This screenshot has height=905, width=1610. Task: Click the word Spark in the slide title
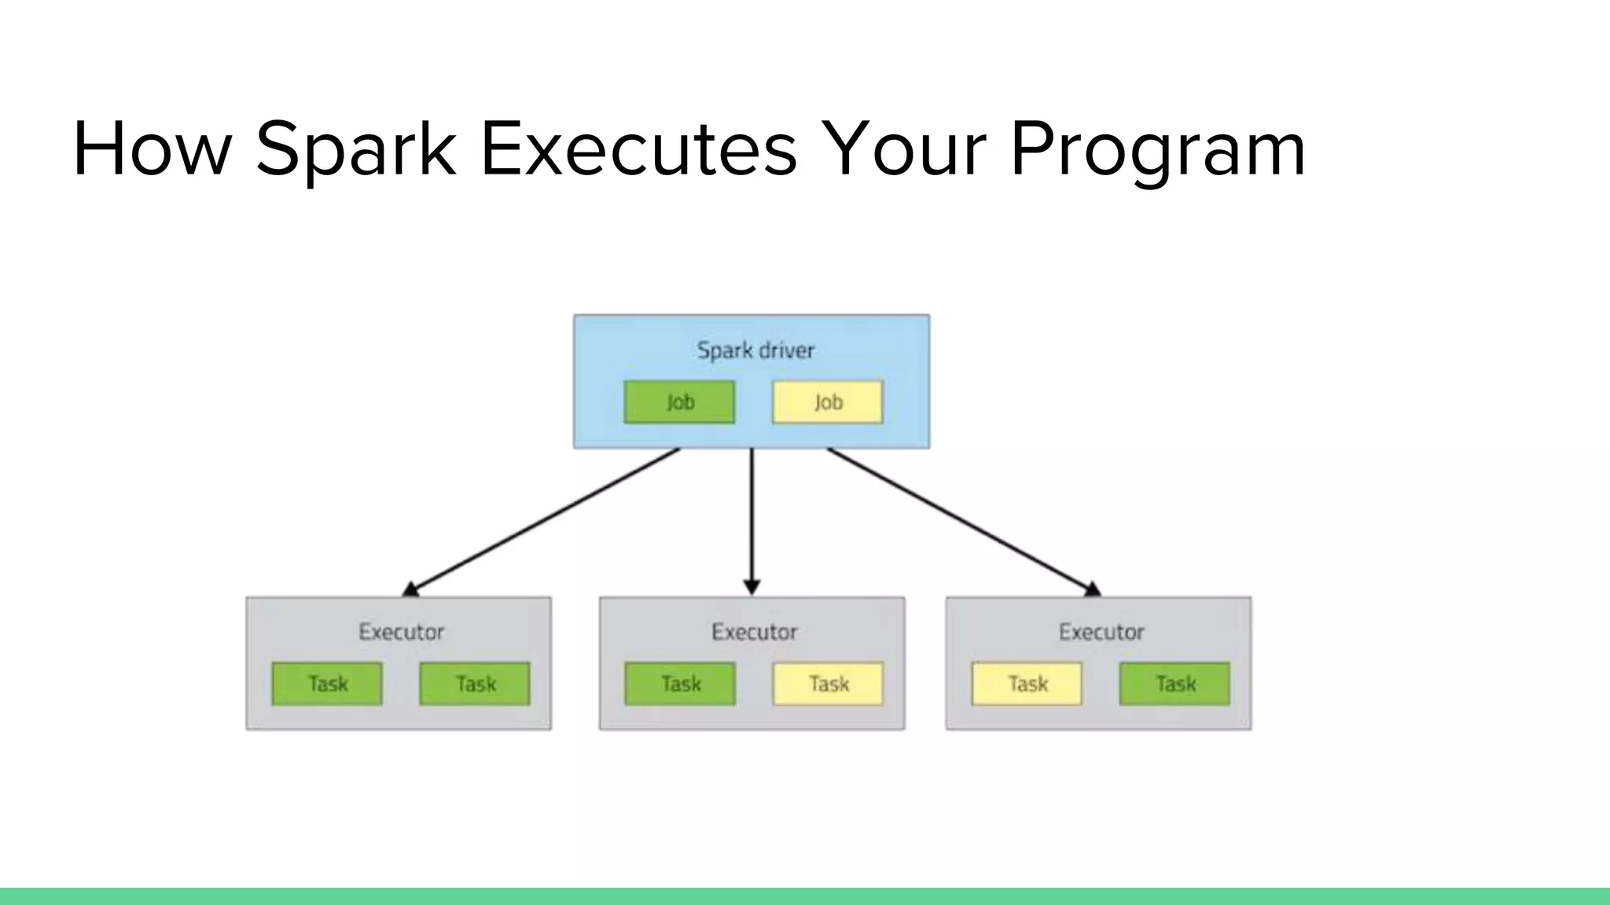[355, 149]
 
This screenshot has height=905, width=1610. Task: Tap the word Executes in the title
[638, 149]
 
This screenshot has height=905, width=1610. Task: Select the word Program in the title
[1157, 149]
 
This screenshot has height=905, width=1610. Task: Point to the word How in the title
[152, 149]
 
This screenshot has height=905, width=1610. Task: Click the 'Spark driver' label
[755, 350]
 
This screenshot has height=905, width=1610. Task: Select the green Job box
[679, 402]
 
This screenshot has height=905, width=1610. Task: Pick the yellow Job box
[828, 402]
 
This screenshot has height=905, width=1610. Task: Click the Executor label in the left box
[401, 632]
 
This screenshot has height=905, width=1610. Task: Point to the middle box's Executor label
[754, 632]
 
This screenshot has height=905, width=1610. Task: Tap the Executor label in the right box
[1101, 632]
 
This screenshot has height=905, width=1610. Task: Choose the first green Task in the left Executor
[327, 683]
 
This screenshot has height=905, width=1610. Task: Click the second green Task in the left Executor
[475, 683]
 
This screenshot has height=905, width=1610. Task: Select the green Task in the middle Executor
[680, 683]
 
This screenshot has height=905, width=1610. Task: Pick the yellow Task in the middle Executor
[828, 683]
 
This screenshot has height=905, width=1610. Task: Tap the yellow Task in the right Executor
[1027, 683]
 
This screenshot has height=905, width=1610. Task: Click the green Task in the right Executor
[1174, 683]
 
